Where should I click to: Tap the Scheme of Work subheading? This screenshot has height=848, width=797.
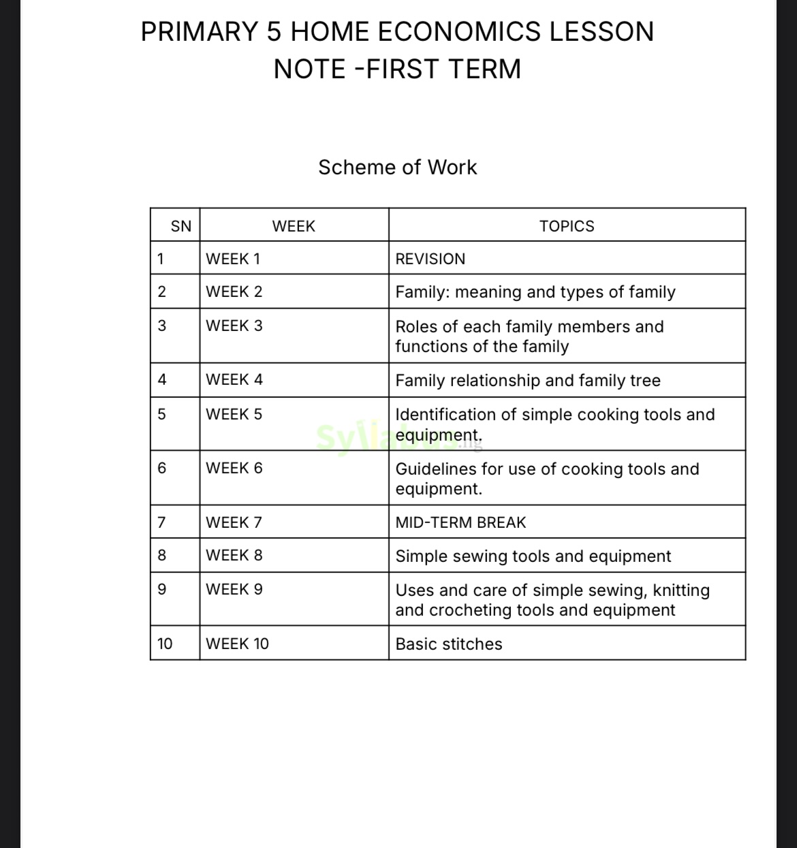397,167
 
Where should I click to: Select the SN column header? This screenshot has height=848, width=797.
181,226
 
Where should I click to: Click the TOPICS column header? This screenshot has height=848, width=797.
566,226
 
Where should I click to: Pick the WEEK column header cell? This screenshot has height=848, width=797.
294,226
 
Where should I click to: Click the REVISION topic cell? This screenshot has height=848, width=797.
430,259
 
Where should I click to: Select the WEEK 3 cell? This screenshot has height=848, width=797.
234,326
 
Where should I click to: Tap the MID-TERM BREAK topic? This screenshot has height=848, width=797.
460,522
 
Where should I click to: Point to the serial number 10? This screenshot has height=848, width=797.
165,644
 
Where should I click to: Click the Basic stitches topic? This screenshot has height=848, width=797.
448,644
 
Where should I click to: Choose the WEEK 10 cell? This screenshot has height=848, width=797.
237,644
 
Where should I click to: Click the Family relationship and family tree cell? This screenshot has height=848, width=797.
527,380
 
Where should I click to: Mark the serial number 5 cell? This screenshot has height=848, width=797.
161,414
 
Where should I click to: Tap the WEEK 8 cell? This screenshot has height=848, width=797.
234,555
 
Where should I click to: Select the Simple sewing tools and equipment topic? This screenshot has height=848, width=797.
533,556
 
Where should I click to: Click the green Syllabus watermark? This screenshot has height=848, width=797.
381,439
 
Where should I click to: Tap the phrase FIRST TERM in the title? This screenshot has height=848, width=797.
443,69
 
